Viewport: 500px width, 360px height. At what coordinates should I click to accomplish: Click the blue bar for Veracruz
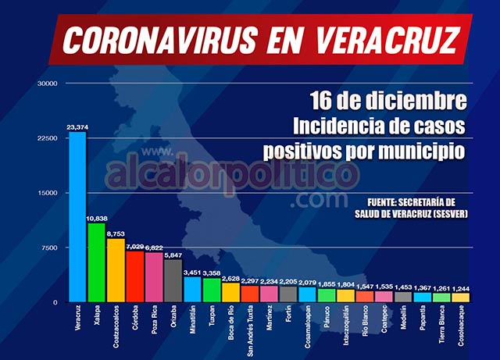click(x=77, y=216)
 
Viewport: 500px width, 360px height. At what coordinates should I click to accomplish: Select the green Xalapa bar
click(x=96, y=262)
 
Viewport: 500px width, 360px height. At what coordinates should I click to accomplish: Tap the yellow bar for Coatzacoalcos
click(x=115, y=270)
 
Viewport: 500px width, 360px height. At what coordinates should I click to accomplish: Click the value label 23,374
click(x=79, y=125)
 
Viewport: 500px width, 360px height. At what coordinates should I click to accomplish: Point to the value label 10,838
click(x=98, y=217)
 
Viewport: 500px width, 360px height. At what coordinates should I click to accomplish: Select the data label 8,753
click(x=116, y=233)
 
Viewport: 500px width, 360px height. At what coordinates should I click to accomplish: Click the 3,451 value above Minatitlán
click(x=191, y=271)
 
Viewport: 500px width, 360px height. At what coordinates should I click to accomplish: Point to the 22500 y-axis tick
click(x=48, y=138)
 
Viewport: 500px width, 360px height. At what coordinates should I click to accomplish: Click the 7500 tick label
click(x=50, y=248)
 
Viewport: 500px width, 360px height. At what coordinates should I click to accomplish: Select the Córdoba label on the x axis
click(x=135, y=319)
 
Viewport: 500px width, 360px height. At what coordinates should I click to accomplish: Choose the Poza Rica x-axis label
click(x=154, y=322)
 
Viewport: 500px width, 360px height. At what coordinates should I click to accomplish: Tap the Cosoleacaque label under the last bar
click(x=460, y=327)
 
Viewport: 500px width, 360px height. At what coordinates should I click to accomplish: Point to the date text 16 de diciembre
click(x=388, y=101)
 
